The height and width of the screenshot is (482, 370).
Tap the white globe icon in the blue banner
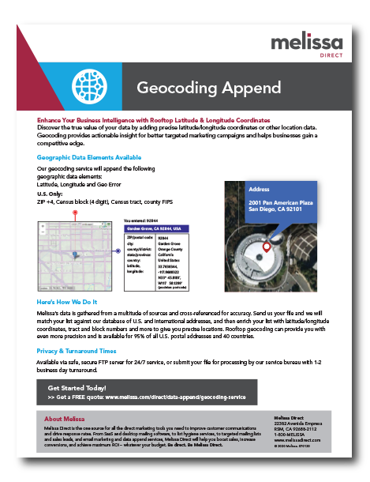point(84,85)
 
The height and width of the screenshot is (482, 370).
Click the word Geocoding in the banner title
point(170,86)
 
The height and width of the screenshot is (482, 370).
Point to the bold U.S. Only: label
point(50,193)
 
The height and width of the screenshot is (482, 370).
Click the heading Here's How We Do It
point(67,303)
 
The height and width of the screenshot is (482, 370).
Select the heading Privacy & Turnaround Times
point(77,350)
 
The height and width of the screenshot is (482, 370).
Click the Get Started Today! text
point(77,388)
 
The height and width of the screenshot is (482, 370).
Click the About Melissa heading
point(65,418)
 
